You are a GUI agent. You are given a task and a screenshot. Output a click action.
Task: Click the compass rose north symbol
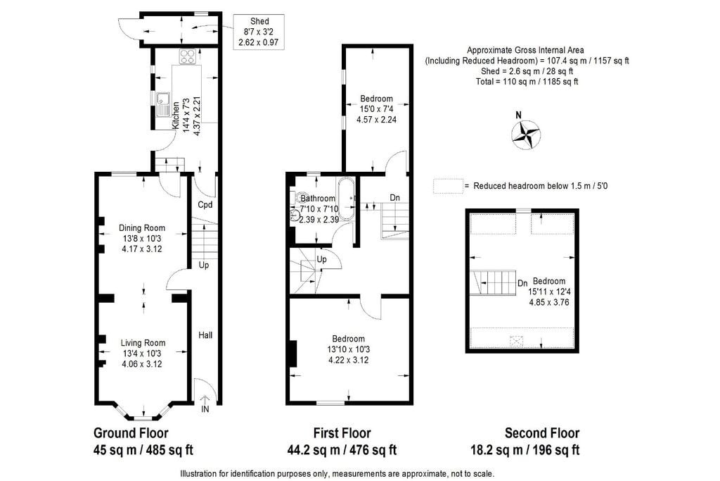[525, 133]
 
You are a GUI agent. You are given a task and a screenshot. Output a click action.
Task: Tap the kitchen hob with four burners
[187, 56]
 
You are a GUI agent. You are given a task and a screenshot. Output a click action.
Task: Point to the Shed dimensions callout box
[259, 32]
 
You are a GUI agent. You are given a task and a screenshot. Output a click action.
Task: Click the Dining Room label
[142, 228]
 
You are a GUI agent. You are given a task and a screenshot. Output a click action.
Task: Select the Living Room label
[143, 343]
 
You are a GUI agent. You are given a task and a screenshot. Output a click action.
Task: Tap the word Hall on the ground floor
[205, 335]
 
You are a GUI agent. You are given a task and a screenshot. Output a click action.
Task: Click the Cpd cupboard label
[205, 205]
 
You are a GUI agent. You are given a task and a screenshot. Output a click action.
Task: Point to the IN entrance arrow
[205, 402]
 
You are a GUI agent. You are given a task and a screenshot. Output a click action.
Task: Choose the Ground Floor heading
[131, 433]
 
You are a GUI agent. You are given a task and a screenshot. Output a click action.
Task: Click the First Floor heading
[342, 433]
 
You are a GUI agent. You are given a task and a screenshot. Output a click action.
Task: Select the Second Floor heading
[542, 433]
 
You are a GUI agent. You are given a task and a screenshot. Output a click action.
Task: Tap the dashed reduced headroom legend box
[448, 186]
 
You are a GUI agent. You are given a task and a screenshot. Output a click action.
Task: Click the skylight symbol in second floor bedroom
[517, 341]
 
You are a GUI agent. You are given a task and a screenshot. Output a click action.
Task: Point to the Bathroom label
[318, 199]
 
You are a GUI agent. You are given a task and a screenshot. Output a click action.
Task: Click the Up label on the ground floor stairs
[204, 266]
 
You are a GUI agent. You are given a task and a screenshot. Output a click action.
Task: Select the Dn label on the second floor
[522, 284]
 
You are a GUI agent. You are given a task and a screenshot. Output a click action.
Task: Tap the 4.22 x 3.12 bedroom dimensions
[349, 360]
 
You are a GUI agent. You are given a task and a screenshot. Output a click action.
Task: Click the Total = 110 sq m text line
[527, 82]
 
